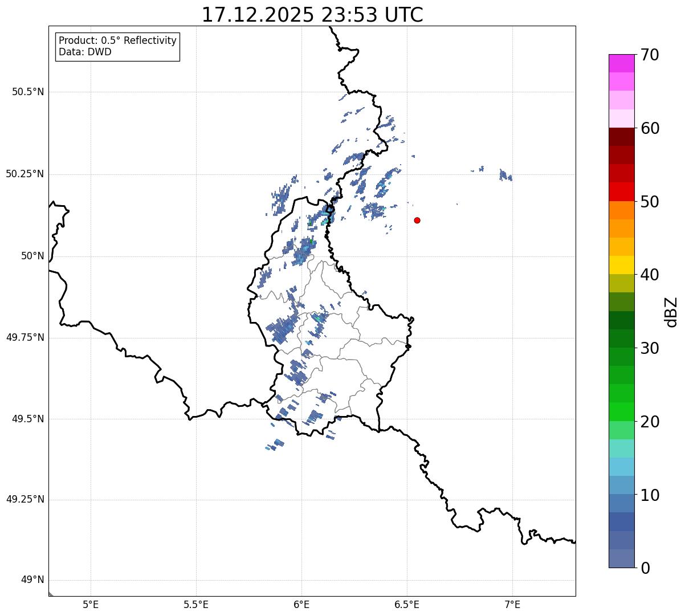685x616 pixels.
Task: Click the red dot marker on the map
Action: pos(417,220)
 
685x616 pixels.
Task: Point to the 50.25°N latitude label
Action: pos(25,174)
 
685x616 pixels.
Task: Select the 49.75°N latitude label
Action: pos(25,337)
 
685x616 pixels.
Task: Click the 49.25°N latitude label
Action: pos(25,500)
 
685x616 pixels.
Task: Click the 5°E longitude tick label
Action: pos(91,604)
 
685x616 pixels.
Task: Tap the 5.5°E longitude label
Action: pos(196,604)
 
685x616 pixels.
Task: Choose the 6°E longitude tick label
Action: pos(301,604)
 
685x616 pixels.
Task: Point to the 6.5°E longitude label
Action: pos(407,604)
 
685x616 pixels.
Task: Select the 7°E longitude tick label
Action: pos(512,604)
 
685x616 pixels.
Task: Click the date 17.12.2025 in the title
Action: pos(258,15)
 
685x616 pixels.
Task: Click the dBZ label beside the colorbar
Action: pos(671,311)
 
